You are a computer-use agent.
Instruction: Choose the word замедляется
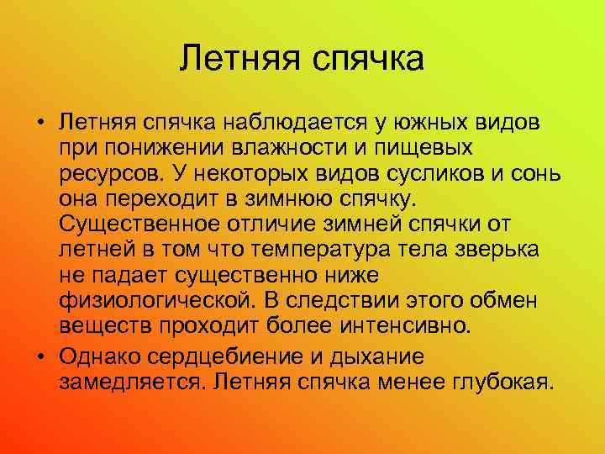coord(131,383)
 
